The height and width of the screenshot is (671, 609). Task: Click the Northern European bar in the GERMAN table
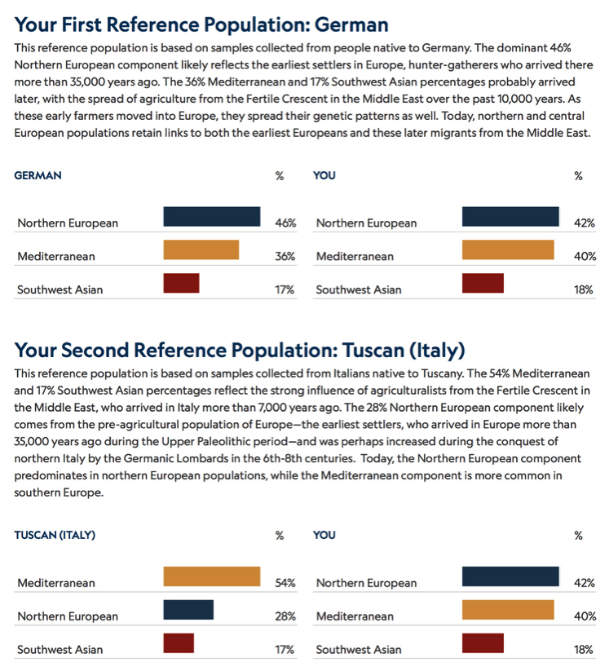tap(212, 217)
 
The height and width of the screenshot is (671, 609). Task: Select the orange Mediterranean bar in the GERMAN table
tap(201, 250)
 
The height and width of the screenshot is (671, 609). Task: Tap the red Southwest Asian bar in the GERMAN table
tap(182, 283)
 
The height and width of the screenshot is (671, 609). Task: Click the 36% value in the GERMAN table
tap(285, 256)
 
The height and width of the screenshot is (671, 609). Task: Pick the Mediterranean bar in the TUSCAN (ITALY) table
tap(212, 576)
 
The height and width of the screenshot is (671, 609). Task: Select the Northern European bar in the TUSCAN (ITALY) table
tap(188, 610)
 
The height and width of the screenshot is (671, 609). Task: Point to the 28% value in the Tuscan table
tap(285, 616)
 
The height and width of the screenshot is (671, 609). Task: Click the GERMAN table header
tap(38, 175)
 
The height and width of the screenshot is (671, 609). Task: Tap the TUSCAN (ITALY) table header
tap(55, 536)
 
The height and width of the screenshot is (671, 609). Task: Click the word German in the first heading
tap(351, 24)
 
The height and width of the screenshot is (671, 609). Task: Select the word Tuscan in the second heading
tap(373, 350)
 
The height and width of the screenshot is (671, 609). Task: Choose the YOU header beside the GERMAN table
tap(324, 175)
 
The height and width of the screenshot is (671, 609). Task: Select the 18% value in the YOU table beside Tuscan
tap(584, 650)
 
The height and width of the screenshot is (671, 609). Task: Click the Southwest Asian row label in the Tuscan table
tap(60, 650)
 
